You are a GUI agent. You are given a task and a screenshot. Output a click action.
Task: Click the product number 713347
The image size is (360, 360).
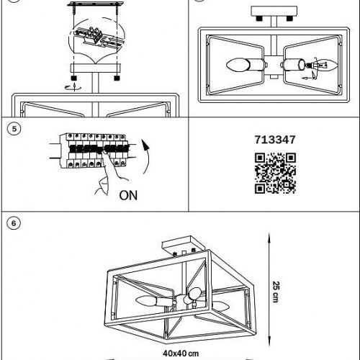click(x=275, y=140)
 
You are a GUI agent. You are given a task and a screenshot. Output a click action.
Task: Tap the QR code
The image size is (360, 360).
click(x=275, y=173)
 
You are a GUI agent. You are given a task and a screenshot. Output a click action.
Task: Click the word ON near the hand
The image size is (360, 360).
click(x=128, y=195)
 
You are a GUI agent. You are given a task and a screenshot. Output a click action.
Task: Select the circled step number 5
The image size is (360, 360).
click(x=14, y=129)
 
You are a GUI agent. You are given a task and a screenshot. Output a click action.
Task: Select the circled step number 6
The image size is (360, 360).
click(x=14, y=223)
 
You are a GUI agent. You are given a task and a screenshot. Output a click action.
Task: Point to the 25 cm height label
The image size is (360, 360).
click(x=276, y=292)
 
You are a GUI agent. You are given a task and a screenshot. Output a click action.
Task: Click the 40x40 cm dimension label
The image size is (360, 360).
click(x=181, y=354)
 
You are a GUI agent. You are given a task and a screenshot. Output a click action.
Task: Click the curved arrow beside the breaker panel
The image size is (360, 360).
click(x=146, y=157)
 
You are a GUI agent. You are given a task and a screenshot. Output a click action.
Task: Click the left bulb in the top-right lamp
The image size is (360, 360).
click(x=238, y=65)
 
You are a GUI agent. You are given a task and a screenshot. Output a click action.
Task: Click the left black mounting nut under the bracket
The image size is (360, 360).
click(x=74, y=78)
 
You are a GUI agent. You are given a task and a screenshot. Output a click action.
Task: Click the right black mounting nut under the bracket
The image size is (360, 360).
click(x=117, y=78)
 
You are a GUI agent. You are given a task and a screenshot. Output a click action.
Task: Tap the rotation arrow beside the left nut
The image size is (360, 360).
click(x=73, y=87)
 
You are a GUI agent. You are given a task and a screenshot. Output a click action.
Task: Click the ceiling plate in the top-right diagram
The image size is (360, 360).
click(x=274, y=12)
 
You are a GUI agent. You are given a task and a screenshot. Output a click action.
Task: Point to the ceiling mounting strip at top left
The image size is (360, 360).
click(x=96, y=4)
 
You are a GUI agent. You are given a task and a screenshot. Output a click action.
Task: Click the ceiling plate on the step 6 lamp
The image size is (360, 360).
click(x=184, y=245)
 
